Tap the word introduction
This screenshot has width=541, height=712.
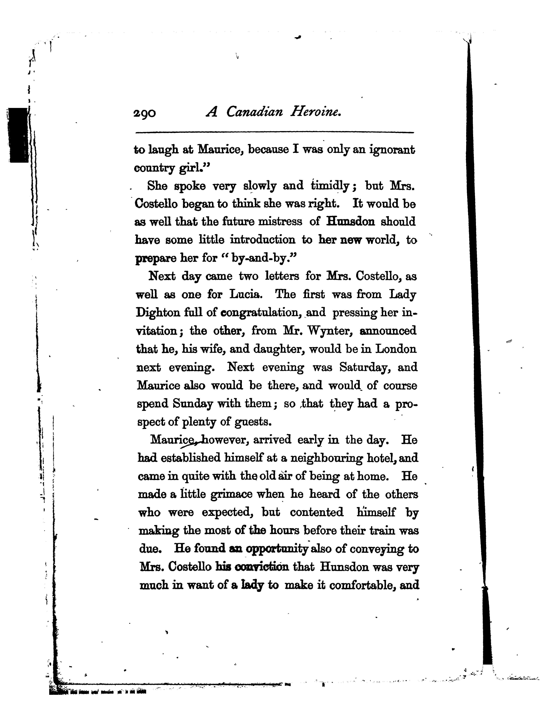pos(262,240)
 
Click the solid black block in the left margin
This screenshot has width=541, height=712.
pos(19,135)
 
